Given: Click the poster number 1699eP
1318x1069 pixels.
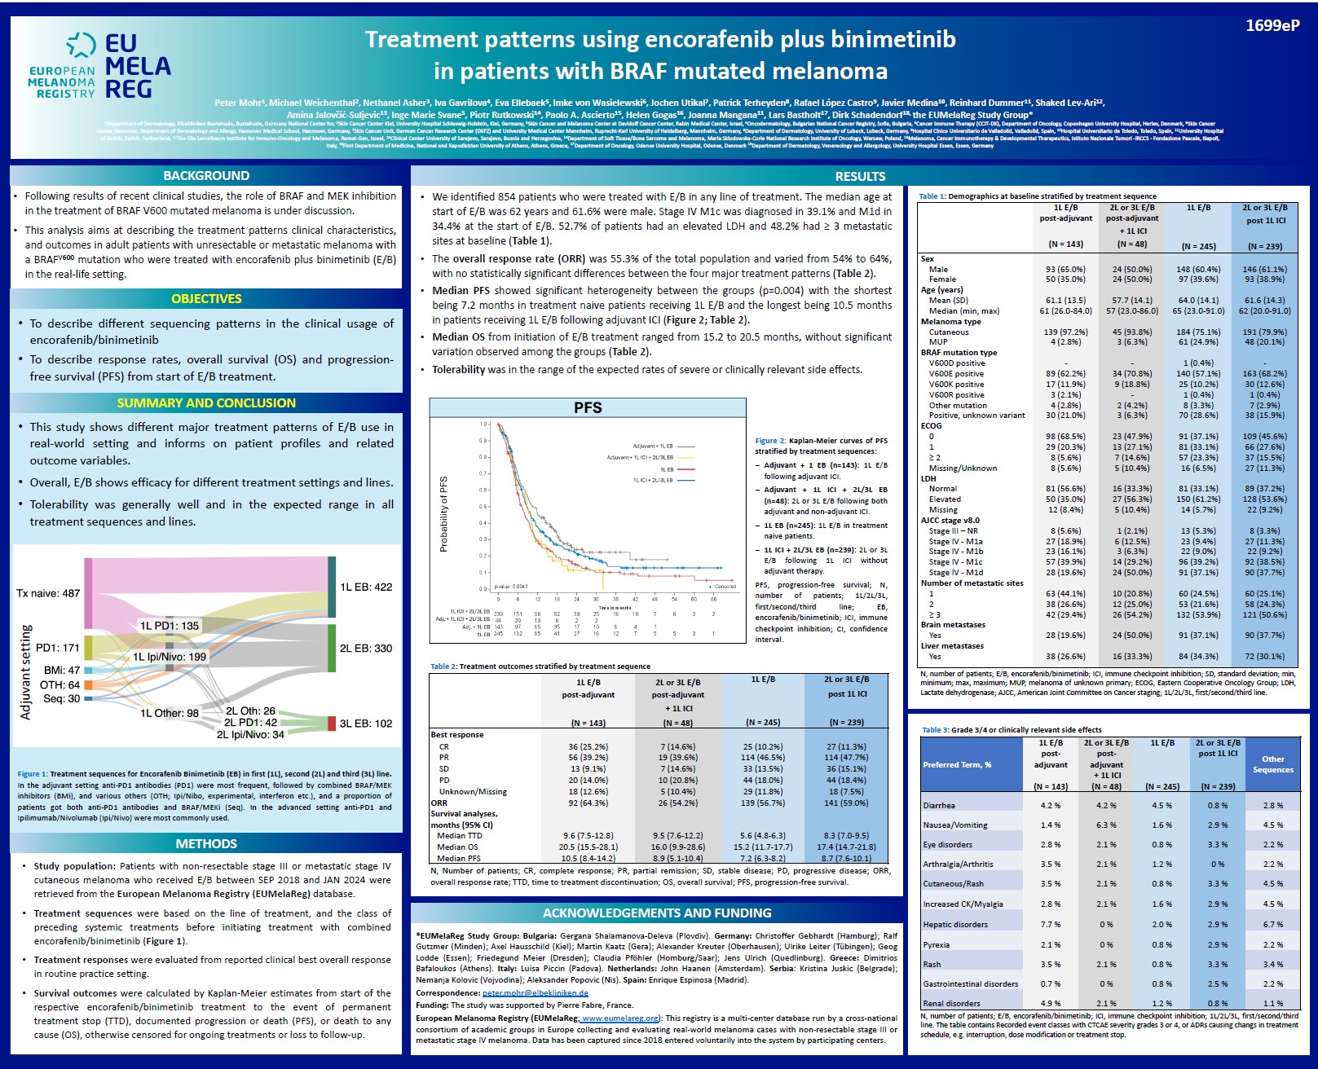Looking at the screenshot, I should (1272, 26).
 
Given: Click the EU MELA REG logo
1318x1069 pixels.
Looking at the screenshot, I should (99, 66).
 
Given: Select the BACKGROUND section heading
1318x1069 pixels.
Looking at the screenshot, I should (206, 175).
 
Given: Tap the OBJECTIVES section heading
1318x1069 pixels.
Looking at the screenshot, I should (206, 299).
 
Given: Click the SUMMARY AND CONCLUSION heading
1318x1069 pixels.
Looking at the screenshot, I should (206, 403).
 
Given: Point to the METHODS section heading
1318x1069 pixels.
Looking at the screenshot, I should (206, 844).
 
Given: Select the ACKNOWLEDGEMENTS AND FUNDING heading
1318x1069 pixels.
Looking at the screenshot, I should (657, 913).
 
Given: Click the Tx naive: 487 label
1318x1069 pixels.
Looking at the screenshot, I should (48, 593).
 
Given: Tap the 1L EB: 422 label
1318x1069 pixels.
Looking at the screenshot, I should (366, 587).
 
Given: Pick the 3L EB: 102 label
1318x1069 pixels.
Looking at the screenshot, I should (366, 724).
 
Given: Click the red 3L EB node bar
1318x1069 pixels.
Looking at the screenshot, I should (332, 724).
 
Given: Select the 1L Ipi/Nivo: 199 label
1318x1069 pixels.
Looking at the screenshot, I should (170, 657).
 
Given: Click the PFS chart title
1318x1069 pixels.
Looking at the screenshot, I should (588, 407).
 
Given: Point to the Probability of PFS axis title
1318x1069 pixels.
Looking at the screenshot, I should (444, 514).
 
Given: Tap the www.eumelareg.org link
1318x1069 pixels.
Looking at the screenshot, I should (620, 1018).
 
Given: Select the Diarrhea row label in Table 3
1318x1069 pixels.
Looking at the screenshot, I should (939, 805).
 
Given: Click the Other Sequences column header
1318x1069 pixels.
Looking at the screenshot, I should (1272, 764).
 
